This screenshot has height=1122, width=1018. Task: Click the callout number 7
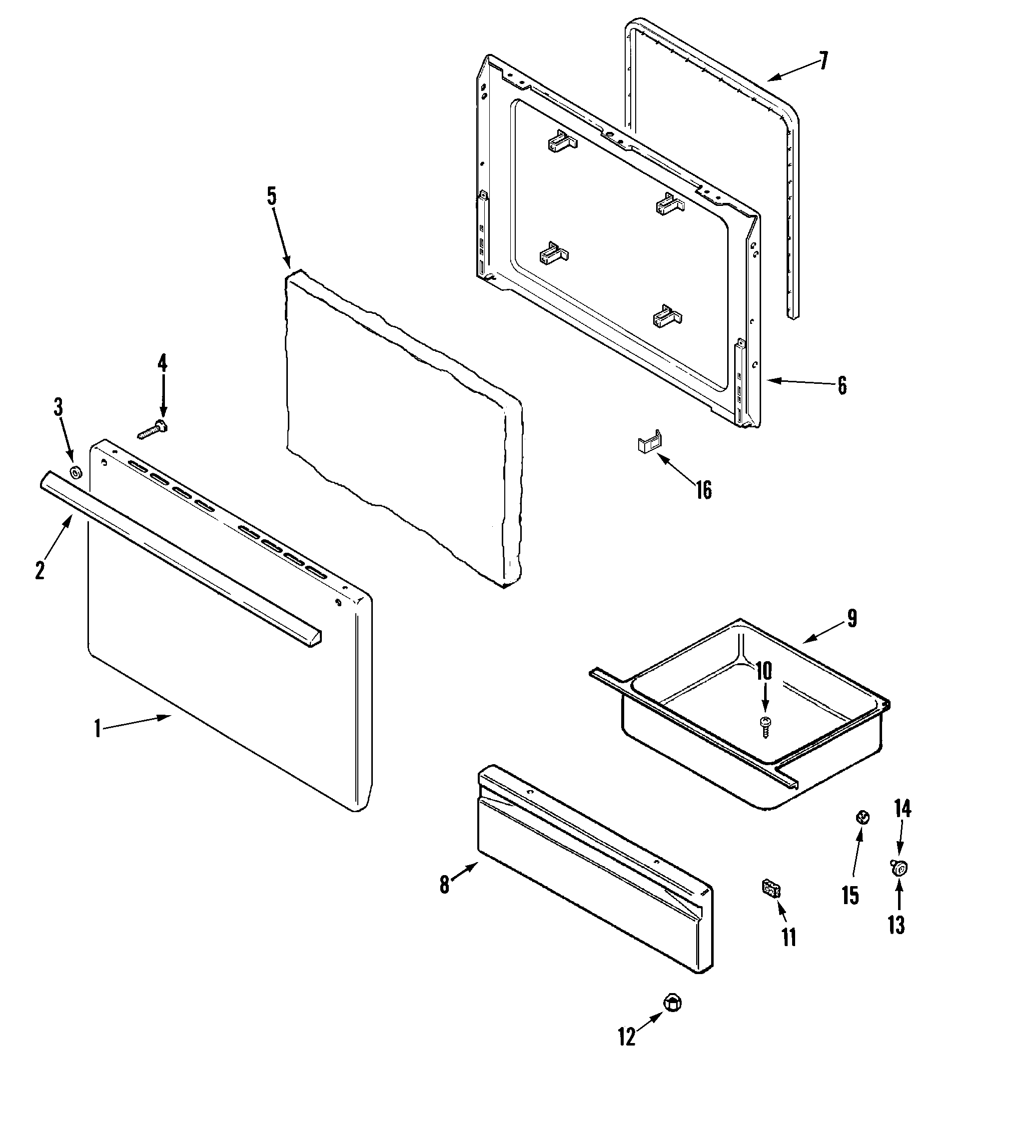pos(823,60)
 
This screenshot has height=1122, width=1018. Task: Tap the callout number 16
pos(704,490)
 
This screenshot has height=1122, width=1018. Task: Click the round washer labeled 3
pos(74,474)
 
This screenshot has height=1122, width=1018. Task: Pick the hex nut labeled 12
pos(673,1004)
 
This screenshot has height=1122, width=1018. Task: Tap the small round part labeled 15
pos(862,817)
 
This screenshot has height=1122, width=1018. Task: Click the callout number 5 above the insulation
pos(271,196)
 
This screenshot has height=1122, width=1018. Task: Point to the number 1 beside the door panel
pos(97,729)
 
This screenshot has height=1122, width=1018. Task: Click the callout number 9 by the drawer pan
pos(852,619)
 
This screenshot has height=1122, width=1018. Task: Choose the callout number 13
pos(896,925)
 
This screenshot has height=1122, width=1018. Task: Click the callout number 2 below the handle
pos(39,570)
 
